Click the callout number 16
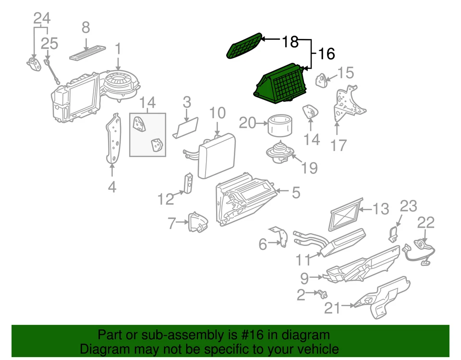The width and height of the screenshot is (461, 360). [x=326, y=53]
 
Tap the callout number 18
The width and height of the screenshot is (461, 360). [x=290, y=42]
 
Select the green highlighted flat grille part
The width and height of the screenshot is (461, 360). [x=244, y=46]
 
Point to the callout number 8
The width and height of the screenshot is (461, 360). [x=85, y=28]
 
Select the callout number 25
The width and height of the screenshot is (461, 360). [x=49, y=43]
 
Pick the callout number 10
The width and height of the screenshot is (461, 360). [x=217, y=113]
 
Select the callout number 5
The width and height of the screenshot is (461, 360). [x=295, y=192]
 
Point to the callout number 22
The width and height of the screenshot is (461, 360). [x=425, y=222]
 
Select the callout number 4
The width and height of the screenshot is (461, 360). [x=112, y=186]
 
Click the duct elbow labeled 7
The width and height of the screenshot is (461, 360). [x=198, y=223]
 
